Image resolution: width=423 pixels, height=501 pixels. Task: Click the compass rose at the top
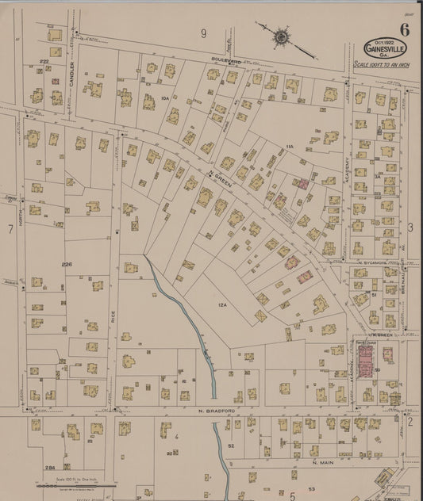tap(281, 36)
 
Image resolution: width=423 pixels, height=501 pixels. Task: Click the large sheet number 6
tap(405, 31)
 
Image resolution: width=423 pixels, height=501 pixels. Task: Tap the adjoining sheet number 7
tap(10, 229)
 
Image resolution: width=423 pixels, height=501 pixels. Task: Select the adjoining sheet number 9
tap(203, 33)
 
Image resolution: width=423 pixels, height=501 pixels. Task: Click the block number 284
tap(49, 468)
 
